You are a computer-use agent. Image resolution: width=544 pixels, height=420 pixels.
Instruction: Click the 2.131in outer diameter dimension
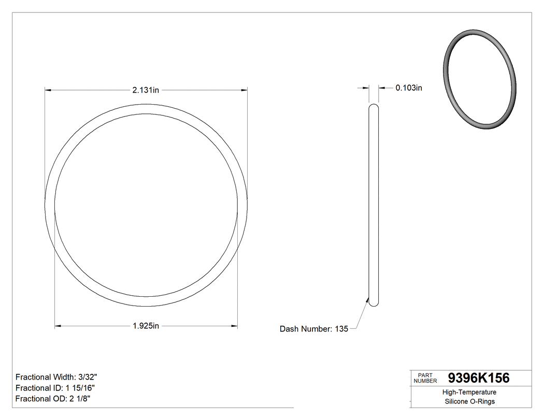point(145,90)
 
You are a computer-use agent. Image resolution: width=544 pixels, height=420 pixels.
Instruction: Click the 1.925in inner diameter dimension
point(146,326)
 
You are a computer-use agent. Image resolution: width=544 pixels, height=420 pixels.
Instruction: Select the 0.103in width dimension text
point(409,88)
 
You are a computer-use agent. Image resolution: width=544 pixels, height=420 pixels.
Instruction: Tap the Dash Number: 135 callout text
point(313,329)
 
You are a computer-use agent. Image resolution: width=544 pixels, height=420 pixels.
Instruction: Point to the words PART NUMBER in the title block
point(425,378)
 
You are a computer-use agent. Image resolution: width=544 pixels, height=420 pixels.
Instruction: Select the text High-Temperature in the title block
point(470,393)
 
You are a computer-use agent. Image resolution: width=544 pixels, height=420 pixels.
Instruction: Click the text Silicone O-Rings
point(470,402)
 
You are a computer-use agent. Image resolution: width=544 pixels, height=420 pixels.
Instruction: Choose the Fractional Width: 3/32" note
point(56,377)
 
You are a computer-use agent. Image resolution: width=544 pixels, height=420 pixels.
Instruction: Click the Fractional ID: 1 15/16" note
point(55,388)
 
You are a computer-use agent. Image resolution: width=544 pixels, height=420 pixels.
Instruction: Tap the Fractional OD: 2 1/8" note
point(54,399)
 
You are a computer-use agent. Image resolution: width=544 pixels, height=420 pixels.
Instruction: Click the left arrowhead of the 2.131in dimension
point(48,90)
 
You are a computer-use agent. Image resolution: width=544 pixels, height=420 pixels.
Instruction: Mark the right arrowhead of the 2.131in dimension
point(244,90)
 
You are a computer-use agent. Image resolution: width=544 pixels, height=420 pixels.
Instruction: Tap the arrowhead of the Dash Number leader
point(367,300)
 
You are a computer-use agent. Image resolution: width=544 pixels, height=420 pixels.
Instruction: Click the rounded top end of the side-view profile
point(373,106)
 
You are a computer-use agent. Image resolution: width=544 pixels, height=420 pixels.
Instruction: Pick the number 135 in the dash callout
point(341,329)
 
